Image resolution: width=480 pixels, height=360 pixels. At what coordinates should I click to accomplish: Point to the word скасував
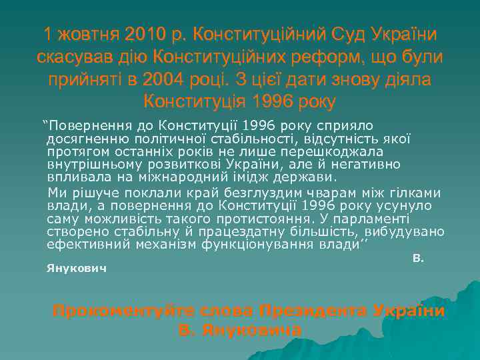(x=77, y=57)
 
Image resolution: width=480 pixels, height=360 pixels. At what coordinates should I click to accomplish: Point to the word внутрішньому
(x=89, y=164)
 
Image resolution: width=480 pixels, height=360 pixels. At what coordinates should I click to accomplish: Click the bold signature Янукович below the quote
(x=77, y=269)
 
